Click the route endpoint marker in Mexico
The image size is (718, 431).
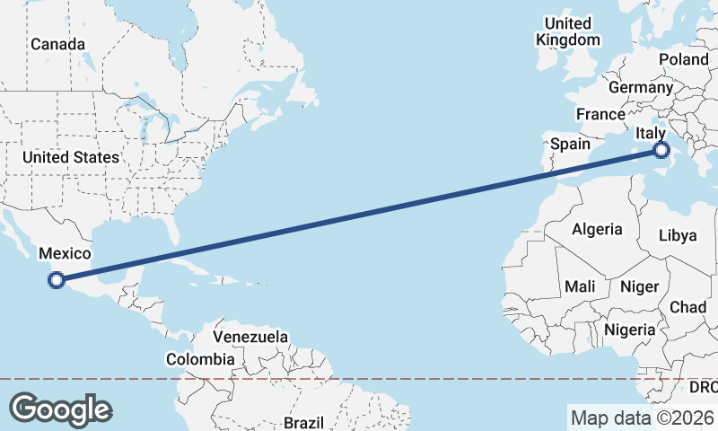pyautogui.click(x=56, y=280)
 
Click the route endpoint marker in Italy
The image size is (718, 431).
pyautogui.click(x=661, y=150)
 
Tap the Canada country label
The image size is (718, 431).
pyautogui.click(x=57, y=44)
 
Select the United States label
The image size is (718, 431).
pyautogui.click(x=71, y=157)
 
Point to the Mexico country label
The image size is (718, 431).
pyautogui.click(x=65, y=255)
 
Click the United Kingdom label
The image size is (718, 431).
pyautogui.click(x=568, y=31)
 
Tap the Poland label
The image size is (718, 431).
pyautogui.click(x=683, y=59)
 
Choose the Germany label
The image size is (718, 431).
pyautogui.click(x=640, y=88)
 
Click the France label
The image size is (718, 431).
pyautogui.click(x=600, y=114)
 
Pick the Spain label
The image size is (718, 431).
pyautogui.click(x=570, y=144)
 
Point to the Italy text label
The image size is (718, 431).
pyautogui.click(x=650, y=134)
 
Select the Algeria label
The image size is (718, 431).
pyautogui.click(x=597, y=229)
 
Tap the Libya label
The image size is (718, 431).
pyautogui.click(x=678, y=235)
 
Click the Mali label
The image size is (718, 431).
pyautogui.click(x=579, y=286)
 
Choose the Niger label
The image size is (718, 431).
pyautogui.click(x=641, y=286)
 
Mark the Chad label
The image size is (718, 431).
pyautogui.click(x=688, y=307)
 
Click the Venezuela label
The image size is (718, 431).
pyautogui.click(x=250, y=337)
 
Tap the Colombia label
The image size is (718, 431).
pyautogui.click(x=200, y=359)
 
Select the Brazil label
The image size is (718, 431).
pyautogui.click(x=302, y=422)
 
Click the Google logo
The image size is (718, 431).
pyautogui.click(x=61, y=409)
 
